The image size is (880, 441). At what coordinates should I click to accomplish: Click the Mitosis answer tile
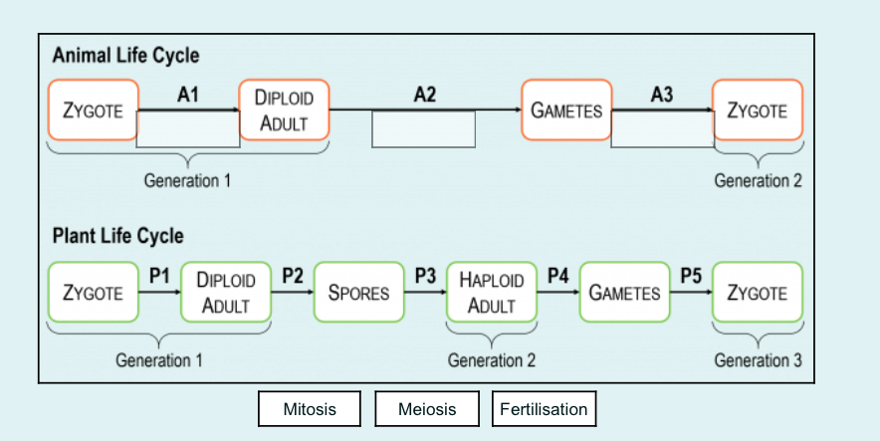(310, 409)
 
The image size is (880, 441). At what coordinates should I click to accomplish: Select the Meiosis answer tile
(427, 409)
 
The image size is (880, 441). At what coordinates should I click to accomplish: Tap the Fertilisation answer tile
(544, 409)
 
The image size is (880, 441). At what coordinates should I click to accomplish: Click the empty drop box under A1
(188, 129)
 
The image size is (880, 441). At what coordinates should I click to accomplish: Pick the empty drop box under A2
(423, 129)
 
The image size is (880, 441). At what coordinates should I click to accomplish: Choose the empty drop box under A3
(662, 129)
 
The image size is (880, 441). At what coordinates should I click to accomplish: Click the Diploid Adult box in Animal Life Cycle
(284, 110)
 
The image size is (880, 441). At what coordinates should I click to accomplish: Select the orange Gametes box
(566, 110)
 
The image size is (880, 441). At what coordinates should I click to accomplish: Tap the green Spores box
(358, 293)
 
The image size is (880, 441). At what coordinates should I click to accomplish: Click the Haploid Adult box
(491, 293)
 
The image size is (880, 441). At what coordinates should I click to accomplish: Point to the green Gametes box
(624, 293)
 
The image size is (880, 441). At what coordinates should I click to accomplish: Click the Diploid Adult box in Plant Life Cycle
(226, 293)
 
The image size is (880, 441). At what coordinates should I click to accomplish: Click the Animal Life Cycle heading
(125, 56)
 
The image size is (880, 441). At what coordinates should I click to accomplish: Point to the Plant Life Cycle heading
(117, 237)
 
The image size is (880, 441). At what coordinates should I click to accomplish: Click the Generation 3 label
(758, 359)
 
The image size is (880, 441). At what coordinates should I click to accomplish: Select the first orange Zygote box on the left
(93, 110)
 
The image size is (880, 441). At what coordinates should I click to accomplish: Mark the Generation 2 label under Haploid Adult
(491, 359)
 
